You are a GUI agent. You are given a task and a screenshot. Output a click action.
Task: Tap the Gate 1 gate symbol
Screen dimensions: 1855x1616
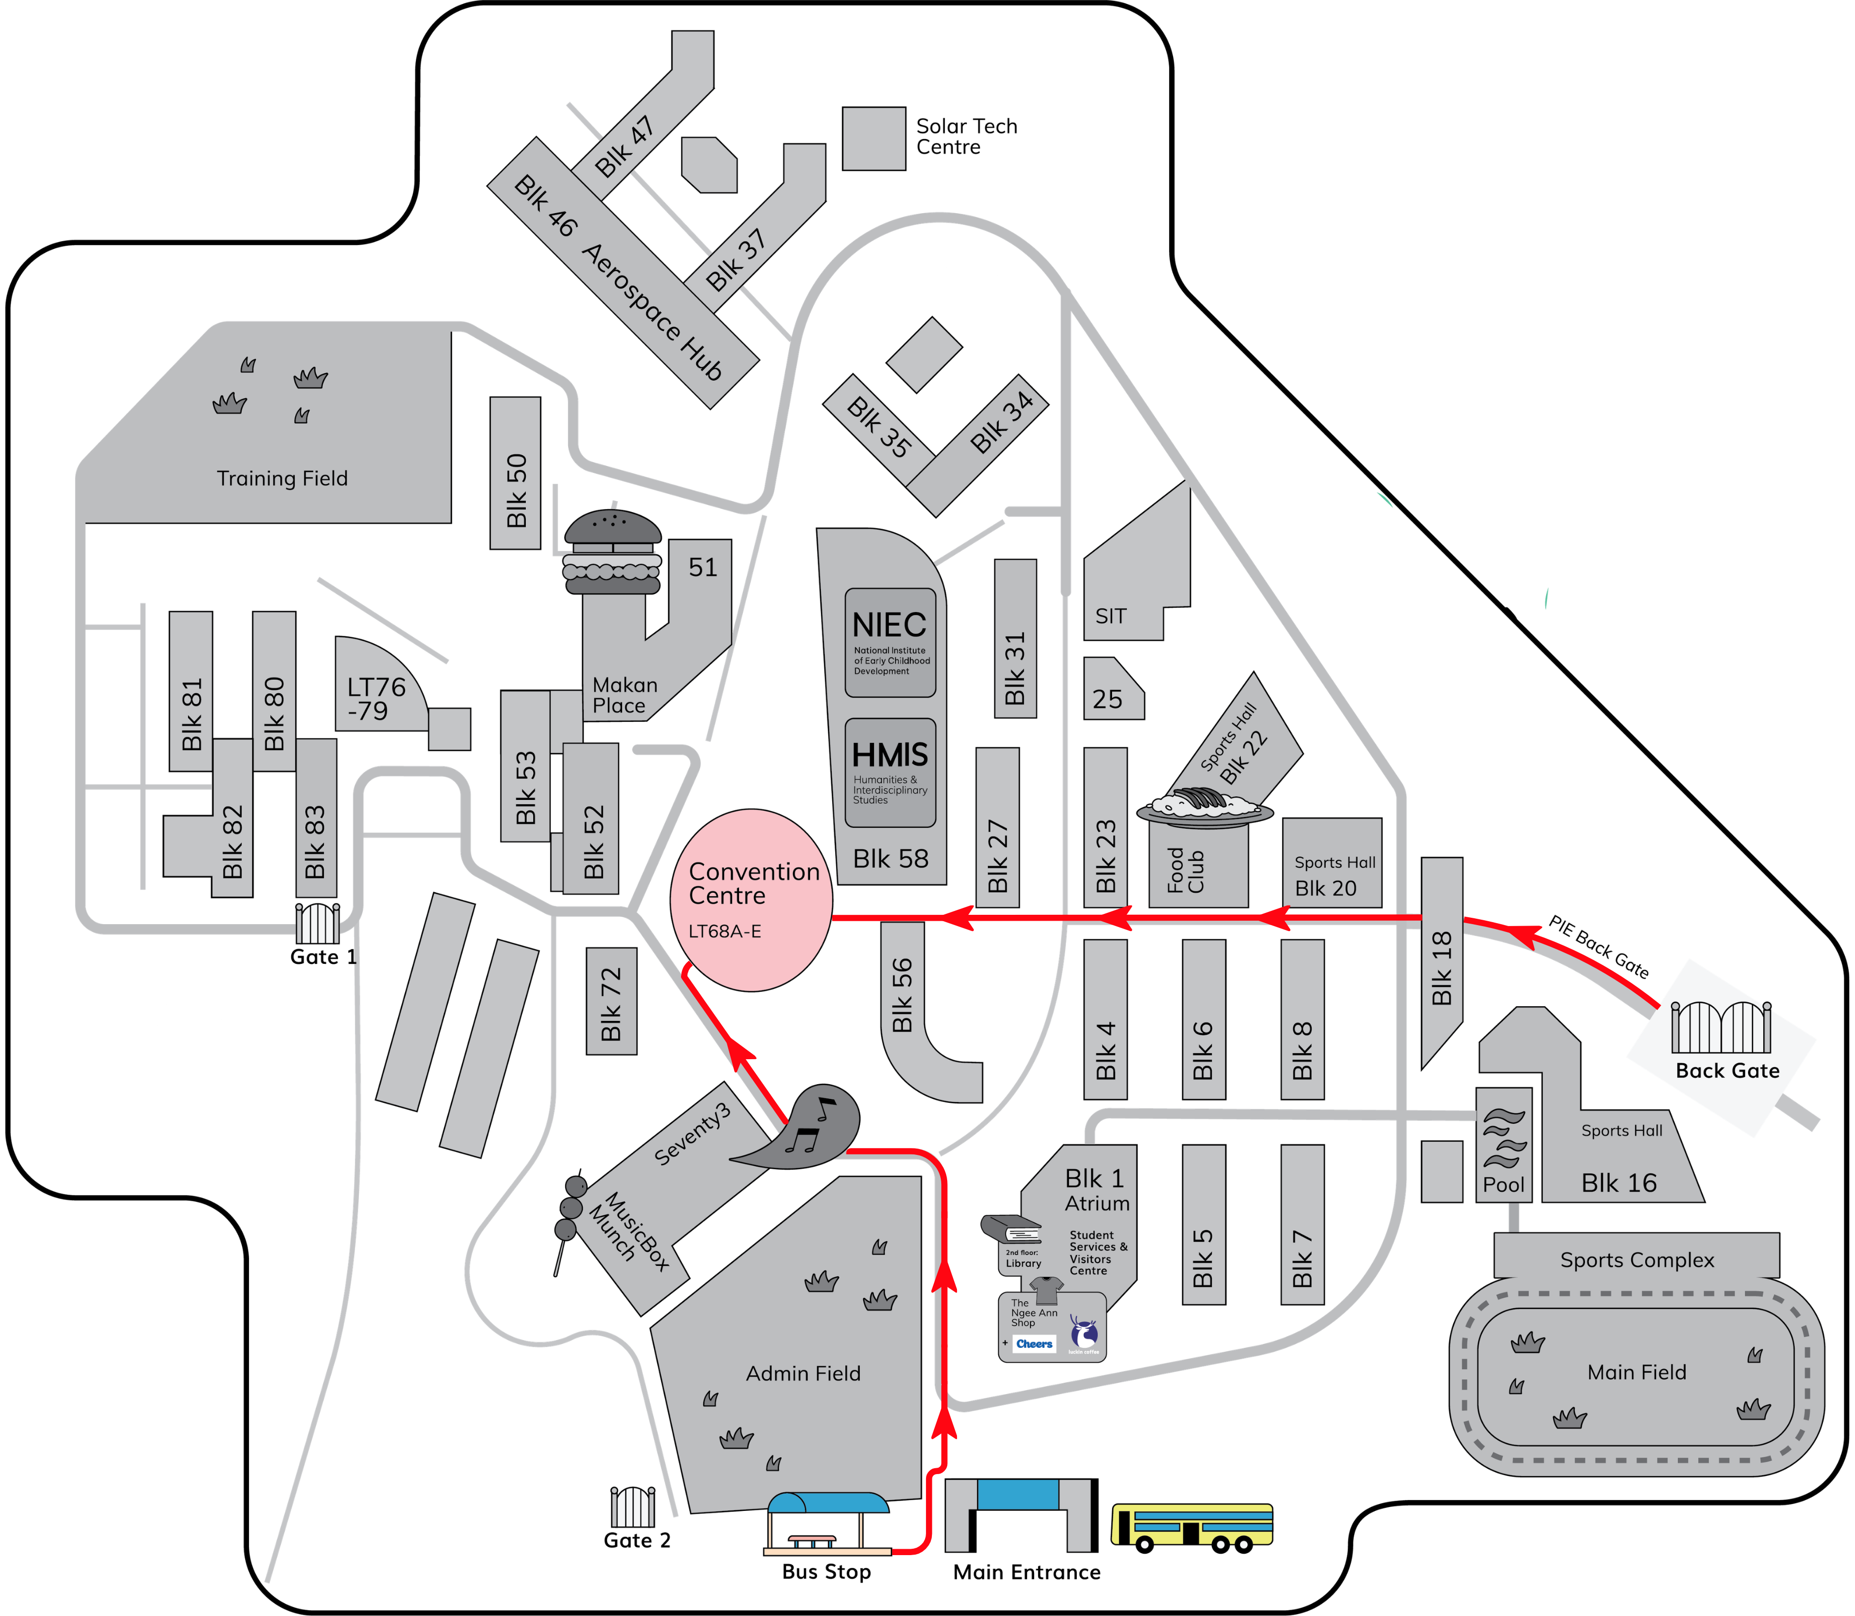[318, 923]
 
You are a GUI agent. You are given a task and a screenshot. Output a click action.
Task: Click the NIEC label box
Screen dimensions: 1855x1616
[890, 642]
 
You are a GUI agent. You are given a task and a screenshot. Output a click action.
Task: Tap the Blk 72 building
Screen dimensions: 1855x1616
[611, 1001]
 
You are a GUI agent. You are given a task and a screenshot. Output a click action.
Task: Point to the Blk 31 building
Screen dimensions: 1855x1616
[1015, 638]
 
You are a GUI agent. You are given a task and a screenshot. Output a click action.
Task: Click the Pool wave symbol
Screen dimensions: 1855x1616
[1504, 1139]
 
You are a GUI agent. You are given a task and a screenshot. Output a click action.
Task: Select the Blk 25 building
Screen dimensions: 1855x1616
[1114, 688]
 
